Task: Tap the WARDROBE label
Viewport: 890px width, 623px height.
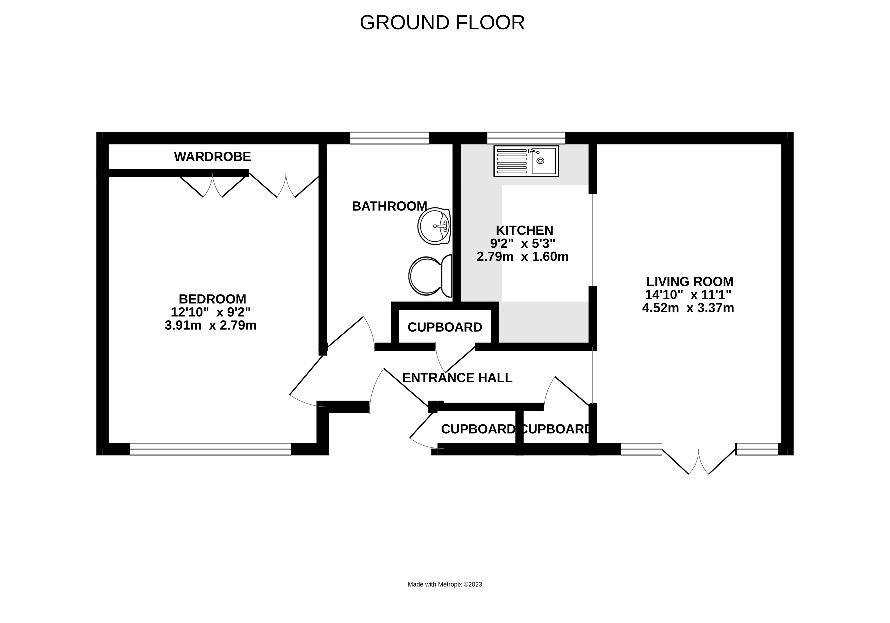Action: coord(212,157)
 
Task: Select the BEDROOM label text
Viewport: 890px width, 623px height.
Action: coord(212,299)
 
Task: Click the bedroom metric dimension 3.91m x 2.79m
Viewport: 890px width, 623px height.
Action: coord(210,325)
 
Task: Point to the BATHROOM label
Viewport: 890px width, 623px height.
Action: coord(389,206)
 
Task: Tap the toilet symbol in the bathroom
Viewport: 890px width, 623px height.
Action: coord(430,275)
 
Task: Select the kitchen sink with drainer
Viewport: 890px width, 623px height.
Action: coord(526,161)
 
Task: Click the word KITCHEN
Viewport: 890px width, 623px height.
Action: coord(525,230)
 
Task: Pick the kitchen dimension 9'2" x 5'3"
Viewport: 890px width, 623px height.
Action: coord(523,244)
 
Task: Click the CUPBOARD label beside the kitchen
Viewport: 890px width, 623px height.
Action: coord(445,327)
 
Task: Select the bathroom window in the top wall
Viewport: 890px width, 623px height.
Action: coord(390,138)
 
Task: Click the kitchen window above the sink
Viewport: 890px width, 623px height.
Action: coord(526,138)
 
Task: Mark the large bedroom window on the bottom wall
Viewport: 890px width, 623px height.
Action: coord(210,449)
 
